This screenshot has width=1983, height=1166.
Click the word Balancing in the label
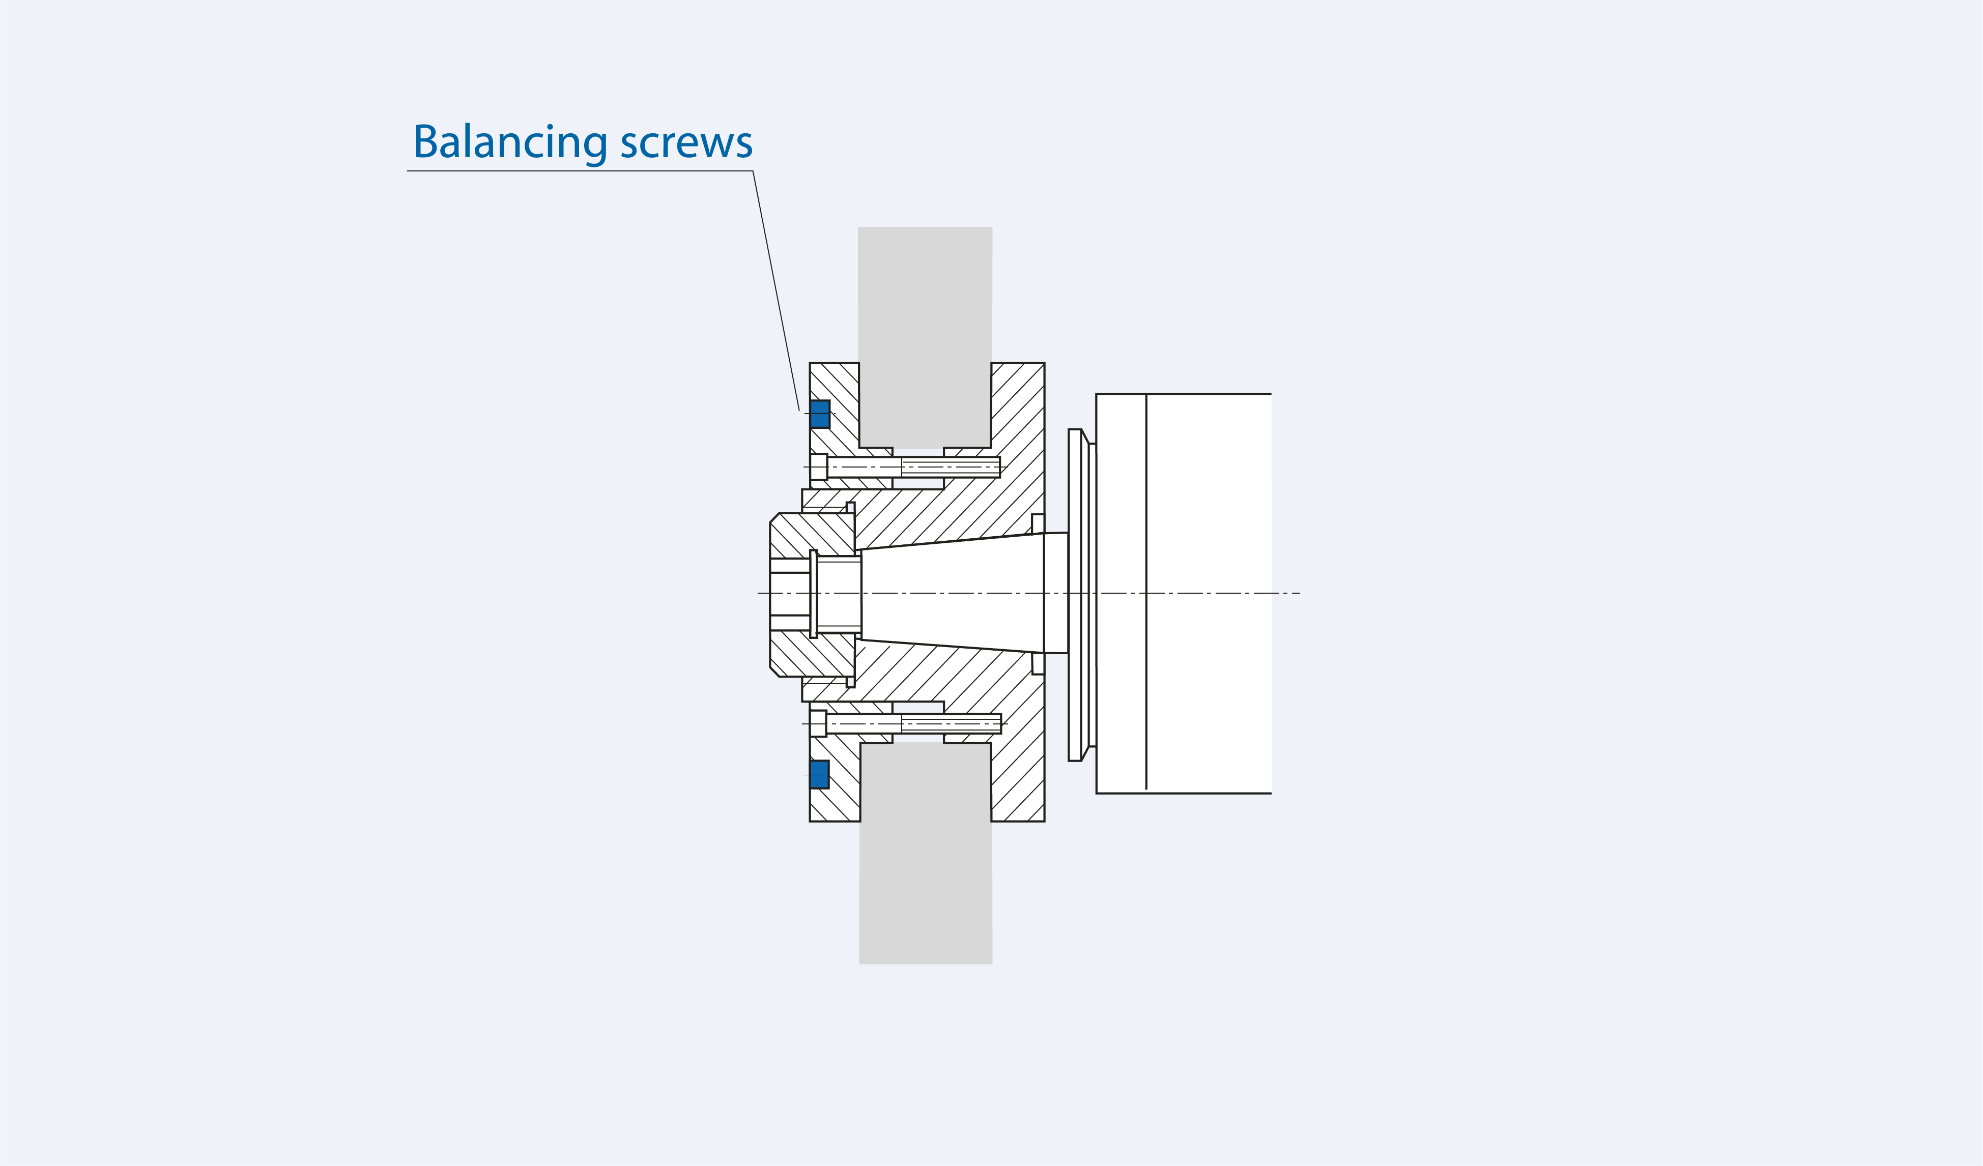point(510,142)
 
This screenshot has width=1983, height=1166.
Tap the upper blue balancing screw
point(820,414)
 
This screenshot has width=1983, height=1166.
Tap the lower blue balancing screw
point(819,774)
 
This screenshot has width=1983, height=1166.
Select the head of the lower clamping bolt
point(818,723)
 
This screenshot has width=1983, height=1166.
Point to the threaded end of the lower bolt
point(951,723)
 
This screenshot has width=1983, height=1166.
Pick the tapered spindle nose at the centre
point(952,593)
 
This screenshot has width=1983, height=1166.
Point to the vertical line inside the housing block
point(1146,511)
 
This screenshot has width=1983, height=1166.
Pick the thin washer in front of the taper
point(814,593)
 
